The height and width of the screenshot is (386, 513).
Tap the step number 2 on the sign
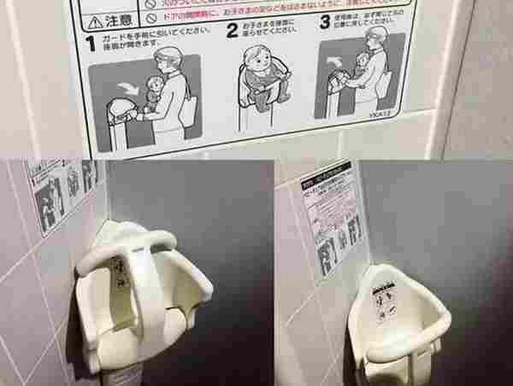pyautogui.click(x=231, y=32)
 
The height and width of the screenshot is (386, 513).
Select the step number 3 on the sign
pyautogui.click(x=324, y=24)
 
